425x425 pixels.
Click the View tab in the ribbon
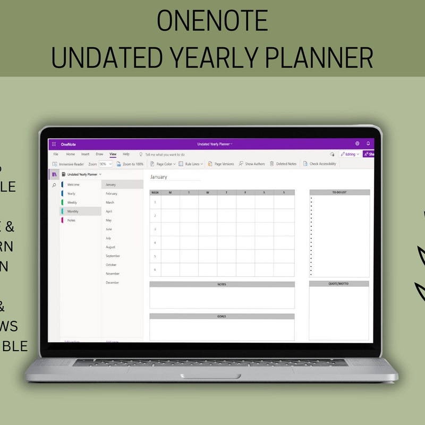click(113, 154)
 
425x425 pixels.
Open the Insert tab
click(85, 154)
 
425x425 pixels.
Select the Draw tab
click(99, 154)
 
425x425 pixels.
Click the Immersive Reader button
click(69, 164)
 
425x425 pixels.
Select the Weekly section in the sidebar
click(72, 202)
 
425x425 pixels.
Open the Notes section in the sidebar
click(71, 220)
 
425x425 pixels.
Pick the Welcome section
click(73, 184)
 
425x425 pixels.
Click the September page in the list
click(113, 256)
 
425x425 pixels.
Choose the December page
click(112, 283)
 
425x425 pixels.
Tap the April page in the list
click(109, 211)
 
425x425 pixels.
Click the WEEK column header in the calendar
click(155, 192)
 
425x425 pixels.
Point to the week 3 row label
click(155, 229)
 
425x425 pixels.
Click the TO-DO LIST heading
click(339, 192)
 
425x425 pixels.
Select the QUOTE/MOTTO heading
click(339, 284)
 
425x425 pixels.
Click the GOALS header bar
click(222, 316)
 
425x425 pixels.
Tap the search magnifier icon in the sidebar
click(54, 185)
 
